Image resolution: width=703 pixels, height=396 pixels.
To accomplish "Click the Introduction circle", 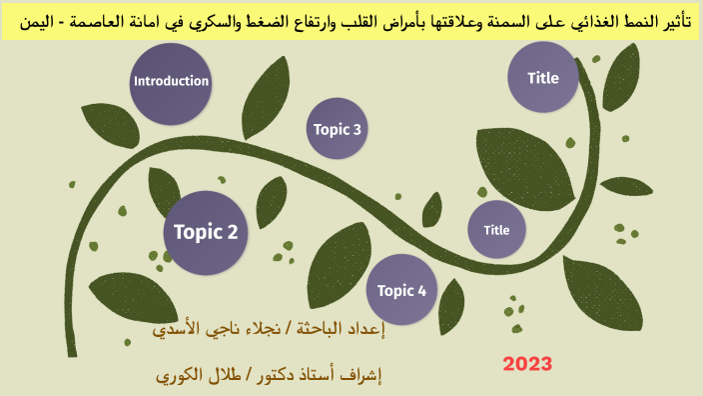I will coord(171,83).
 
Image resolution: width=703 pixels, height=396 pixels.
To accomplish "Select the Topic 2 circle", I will coord(206,232).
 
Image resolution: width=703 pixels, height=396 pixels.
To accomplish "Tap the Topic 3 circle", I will coord(338,129).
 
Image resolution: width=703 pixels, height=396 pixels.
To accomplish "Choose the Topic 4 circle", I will coord(402,290).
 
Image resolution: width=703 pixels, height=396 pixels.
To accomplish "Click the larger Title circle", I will coord(543,77).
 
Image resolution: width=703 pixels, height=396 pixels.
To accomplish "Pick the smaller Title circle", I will coord(496,230).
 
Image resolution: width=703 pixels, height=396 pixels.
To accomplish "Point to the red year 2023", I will coord(527,364).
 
